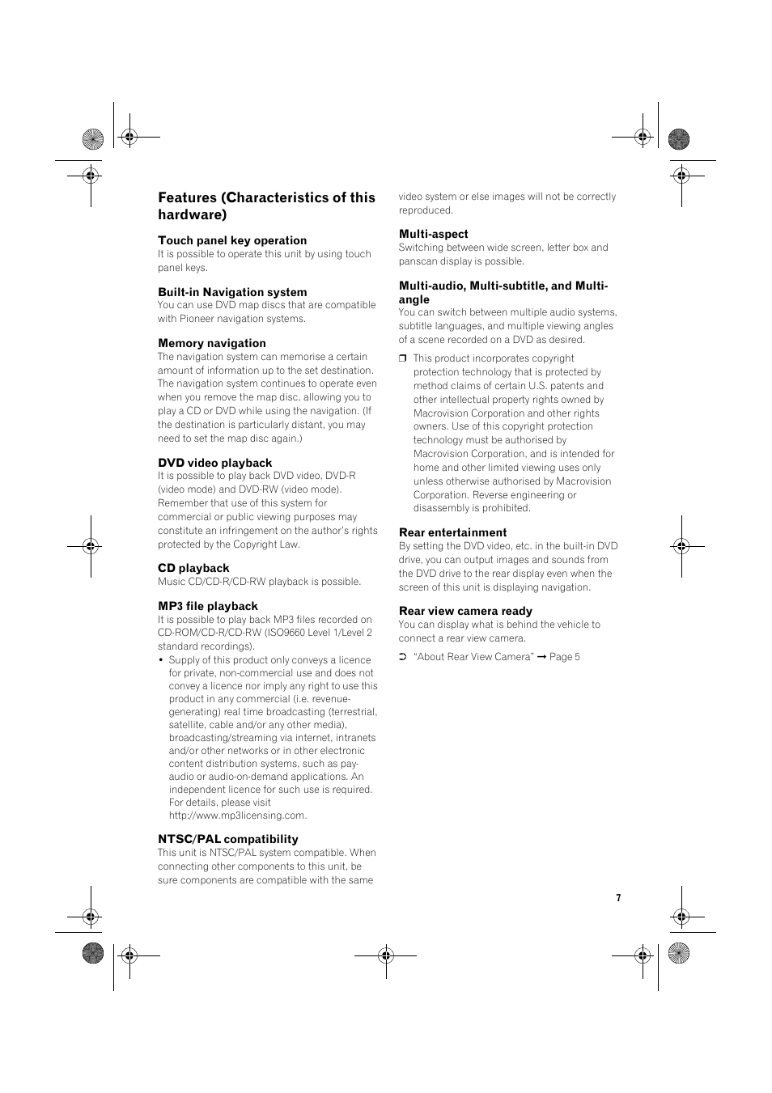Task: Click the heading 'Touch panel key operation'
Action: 232,240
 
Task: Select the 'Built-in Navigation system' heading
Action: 232,292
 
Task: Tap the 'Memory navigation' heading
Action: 212,343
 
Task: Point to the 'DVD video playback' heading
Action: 215,463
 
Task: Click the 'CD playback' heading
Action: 193,568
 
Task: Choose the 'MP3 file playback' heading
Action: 208,606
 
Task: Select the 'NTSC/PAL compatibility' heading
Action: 228,839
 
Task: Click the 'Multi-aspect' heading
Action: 434,234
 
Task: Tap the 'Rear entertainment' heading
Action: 453,532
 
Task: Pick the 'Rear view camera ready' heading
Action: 465,611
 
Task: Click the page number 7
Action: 618,898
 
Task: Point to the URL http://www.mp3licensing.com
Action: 238,816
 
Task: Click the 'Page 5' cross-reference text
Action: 565,657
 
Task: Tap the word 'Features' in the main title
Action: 188,197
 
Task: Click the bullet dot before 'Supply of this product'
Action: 162,660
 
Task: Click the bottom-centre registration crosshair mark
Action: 386,955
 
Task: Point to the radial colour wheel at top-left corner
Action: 93,139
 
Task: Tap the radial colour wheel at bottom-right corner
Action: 679,953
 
